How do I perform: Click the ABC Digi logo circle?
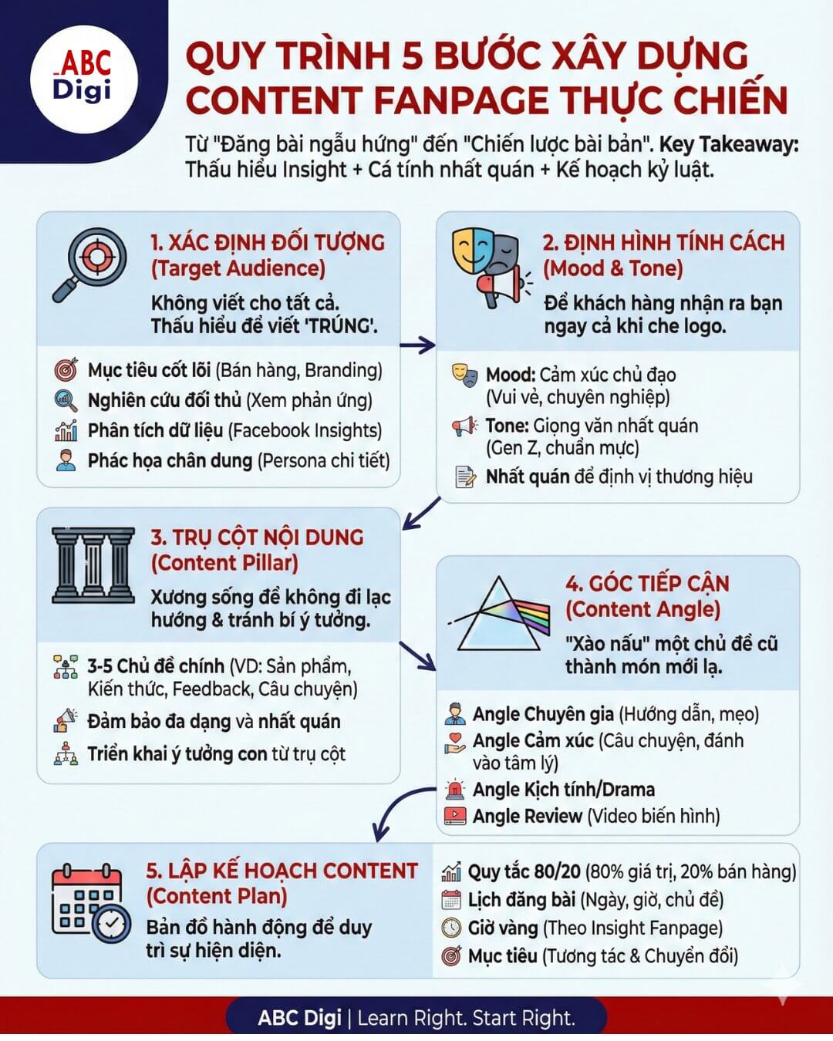click(83, 79)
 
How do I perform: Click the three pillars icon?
click(93, 565)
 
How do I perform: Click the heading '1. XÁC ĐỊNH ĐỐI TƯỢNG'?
click(268, 242)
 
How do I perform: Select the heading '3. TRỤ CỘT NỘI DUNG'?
click(257, 537)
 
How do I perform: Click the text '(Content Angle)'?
click(642, 609)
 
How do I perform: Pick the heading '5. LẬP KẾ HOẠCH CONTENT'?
click(282, 871)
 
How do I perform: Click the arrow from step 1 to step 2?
click(417, 345)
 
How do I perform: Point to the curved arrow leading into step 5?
click(397, 810)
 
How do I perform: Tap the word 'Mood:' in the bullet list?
click(511, 376)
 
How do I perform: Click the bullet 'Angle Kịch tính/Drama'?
click(563, 790)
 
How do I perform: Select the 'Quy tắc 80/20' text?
click(524, 872)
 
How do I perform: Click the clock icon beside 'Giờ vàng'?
click(451, 928)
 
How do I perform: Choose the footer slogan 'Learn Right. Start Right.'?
click(467, 1018)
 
